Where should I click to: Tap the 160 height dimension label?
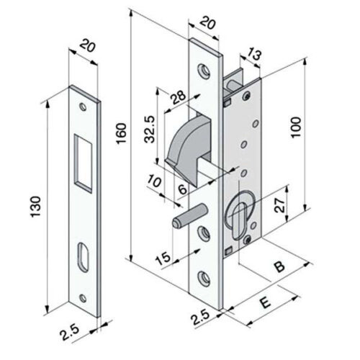click(121, 133)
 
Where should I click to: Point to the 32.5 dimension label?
click(150, 130)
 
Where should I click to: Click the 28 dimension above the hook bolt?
click(178, 96)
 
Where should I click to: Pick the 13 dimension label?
click(253, 55)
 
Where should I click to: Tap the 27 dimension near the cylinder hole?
click(280, 204)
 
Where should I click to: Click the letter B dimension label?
click(279, 266)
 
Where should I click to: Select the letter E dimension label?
click(266, 303)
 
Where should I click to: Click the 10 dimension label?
click(154, 181)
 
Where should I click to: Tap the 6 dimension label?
click(183, 189)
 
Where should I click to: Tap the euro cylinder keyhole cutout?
click(238, 215)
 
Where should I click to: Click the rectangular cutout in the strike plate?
click(83, 163)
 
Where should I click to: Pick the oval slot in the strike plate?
click(83, 257)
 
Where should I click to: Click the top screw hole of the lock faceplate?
click(204, 71)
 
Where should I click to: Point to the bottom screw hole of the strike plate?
click(83, 298)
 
